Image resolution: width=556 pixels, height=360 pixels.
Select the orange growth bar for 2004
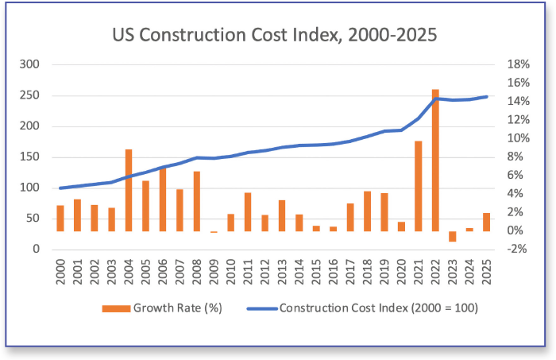tap(129, 191)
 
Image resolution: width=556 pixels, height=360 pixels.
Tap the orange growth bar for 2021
tap(419, 186)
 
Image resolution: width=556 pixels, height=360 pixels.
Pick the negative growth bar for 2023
tap(453, 236)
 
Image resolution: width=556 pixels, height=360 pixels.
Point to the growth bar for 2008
tap(196, 201)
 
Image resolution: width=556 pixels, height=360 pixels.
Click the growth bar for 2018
tap(367, 211)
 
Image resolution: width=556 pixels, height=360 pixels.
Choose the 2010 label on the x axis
tap(230, 273)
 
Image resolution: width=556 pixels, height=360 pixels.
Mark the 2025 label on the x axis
tap(486, 273)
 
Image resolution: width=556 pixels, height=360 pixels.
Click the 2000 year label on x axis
tap(60, 273)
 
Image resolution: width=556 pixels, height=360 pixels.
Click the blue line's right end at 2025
tap(487, 97)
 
